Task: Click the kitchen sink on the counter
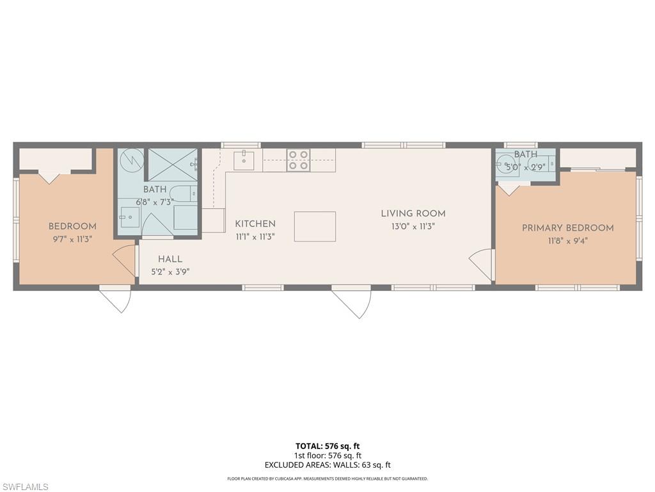click(244, 160)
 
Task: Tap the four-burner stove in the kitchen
click(298, 160)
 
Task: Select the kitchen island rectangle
click(315, 226)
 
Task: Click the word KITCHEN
click(255, 224)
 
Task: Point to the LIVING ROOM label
click(413, 213)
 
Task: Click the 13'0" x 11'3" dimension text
click(413, 226)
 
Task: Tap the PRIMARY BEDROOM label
click(567, 227)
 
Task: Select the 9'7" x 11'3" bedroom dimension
click(72, 239)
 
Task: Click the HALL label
click(170, 259)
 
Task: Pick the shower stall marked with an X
click(173, 164)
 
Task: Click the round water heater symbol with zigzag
click(131, 159)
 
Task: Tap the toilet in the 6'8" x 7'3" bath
click(185, 192)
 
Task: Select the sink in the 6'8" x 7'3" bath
click(129, 217)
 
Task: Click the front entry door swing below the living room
click(352, 302)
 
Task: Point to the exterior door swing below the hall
click(116, 299)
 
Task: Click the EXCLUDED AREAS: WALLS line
click(327, 465)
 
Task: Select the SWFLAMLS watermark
click(25, 487)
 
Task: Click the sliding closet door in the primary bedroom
click(598, 169)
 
